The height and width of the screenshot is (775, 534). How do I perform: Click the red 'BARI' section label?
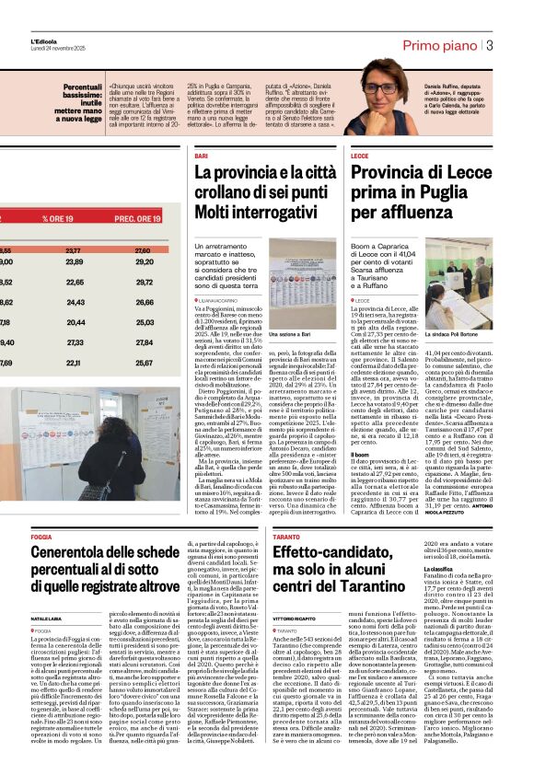201,156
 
